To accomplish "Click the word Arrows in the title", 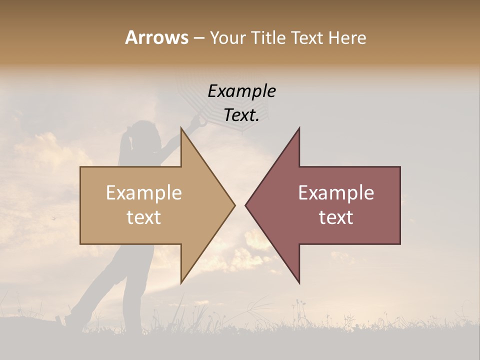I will (156, 37).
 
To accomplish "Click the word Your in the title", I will (227, 38).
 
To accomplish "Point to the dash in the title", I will (198, 38).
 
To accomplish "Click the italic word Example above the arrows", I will (241, 91).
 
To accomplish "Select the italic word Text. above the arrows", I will (241, 115).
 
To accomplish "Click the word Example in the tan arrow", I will (144, 193).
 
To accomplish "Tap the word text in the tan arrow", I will (144, 217).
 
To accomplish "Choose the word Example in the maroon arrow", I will (336, 193).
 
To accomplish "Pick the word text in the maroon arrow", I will (336, 217).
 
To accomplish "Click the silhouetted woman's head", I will (139, 133).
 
